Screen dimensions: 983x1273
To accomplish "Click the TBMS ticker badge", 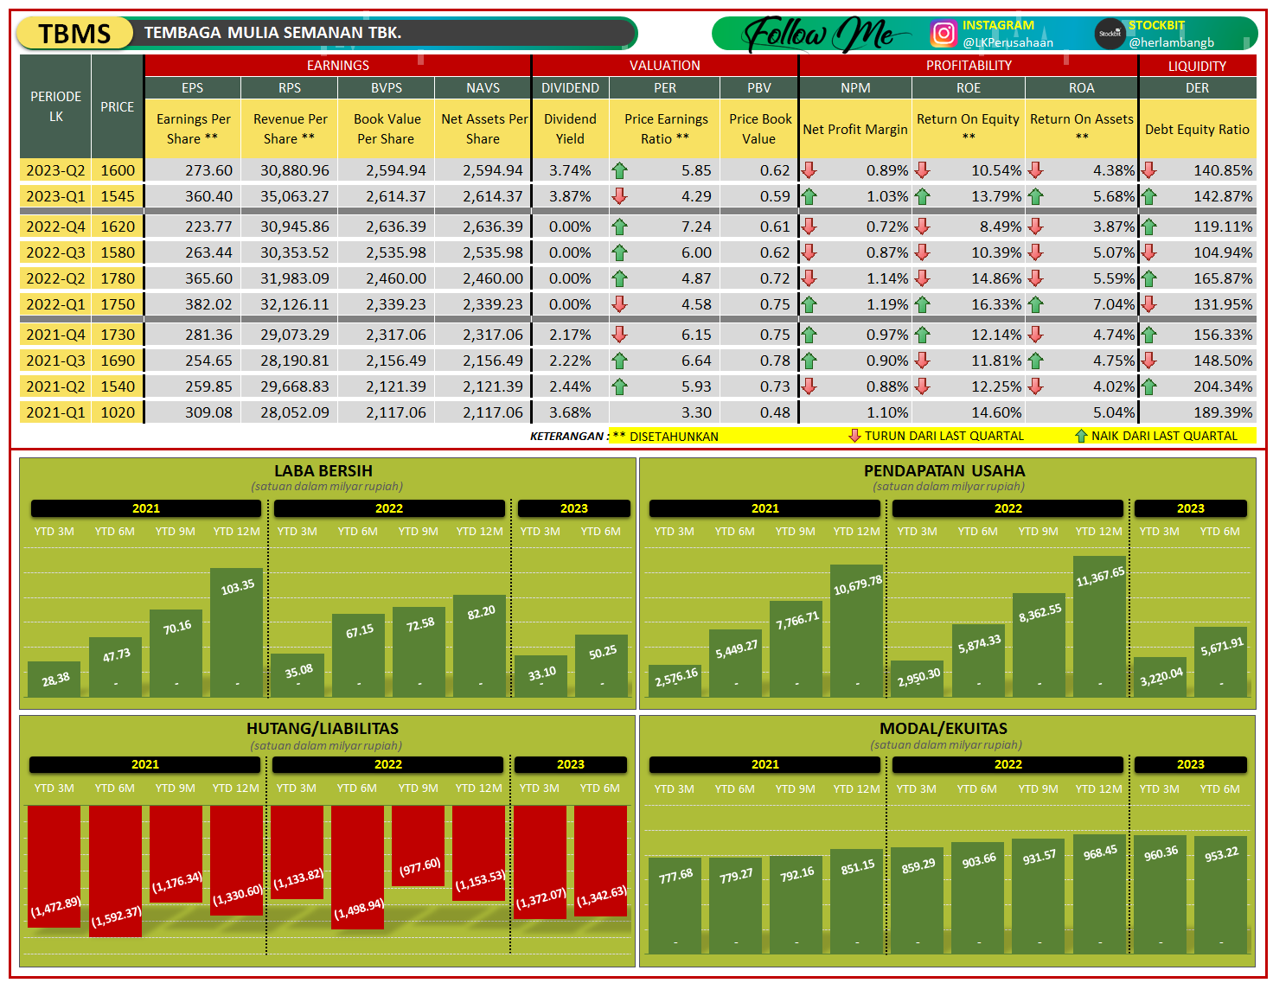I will click(75, 34).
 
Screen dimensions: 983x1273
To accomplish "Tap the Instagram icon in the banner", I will click(944, 34).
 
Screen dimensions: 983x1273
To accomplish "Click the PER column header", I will click(665, 88).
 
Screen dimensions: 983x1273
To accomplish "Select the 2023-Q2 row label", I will click(55, 170).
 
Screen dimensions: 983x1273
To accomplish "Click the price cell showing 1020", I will click(118, 412).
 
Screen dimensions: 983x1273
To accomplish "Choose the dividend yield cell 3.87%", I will click(570, 196).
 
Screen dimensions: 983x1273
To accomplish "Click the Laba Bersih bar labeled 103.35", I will click(237, 635).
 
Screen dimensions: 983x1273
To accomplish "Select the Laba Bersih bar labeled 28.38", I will click(54, 680).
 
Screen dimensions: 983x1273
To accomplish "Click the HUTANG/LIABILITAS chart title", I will click(323, 729).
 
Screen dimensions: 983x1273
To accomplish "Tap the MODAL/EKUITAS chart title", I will click(944, 729).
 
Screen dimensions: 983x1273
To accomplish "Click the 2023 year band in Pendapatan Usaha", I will click(1190, 508).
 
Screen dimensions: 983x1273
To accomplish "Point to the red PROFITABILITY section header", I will click(969, 66).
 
